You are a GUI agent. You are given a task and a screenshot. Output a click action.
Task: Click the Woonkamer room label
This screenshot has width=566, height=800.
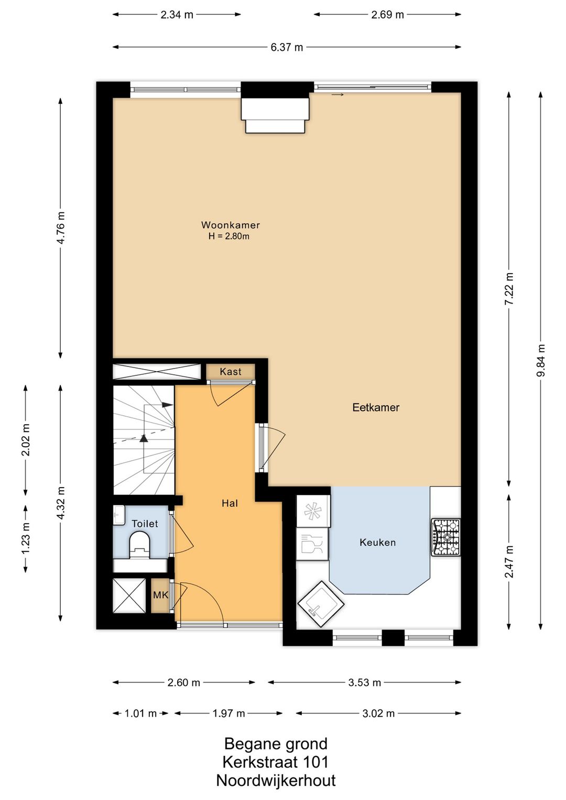pos(230,225)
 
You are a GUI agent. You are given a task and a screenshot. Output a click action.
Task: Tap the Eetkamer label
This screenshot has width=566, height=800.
pos(376,407)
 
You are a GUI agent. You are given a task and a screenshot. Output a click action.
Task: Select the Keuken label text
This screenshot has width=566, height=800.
pos(377,543)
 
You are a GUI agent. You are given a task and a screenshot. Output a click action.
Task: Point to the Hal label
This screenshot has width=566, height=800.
pos(230,503)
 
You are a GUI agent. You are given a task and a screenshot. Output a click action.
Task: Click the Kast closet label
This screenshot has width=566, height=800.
pos(230,372)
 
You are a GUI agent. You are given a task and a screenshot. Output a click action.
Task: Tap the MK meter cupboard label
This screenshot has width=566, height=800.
pos(160,595)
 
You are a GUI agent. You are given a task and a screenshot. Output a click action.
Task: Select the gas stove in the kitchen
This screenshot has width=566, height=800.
pos(445,537)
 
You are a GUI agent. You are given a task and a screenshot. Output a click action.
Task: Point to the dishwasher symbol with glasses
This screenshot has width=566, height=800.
pos(312,544)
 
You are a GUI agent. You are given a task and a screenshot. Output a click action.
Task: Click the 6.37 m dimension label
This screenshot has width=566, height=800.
pos(287,47)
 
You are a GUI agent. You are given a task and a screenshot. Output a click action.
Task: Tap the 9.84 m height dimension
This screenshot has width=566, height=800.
pos(541,360)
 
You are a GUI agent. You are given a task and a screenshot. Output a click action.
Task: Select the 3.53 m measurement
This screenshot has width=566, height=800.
pos(365,683)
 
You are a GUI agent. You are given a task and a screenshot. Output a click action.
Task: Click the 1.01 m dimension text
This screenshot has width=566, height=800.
pos(140,713)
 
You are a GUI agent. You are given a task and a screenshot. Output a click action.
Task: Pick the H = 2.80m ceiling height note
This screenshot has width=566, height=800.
pos(229,236)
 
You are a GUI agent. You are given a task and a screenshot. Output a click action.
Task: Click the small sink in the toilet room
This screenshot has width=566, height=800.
pos(119,515)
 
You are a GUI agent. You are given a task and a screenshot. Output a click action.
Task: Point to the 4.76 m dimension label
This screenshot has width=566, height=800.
pos(61,228)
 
